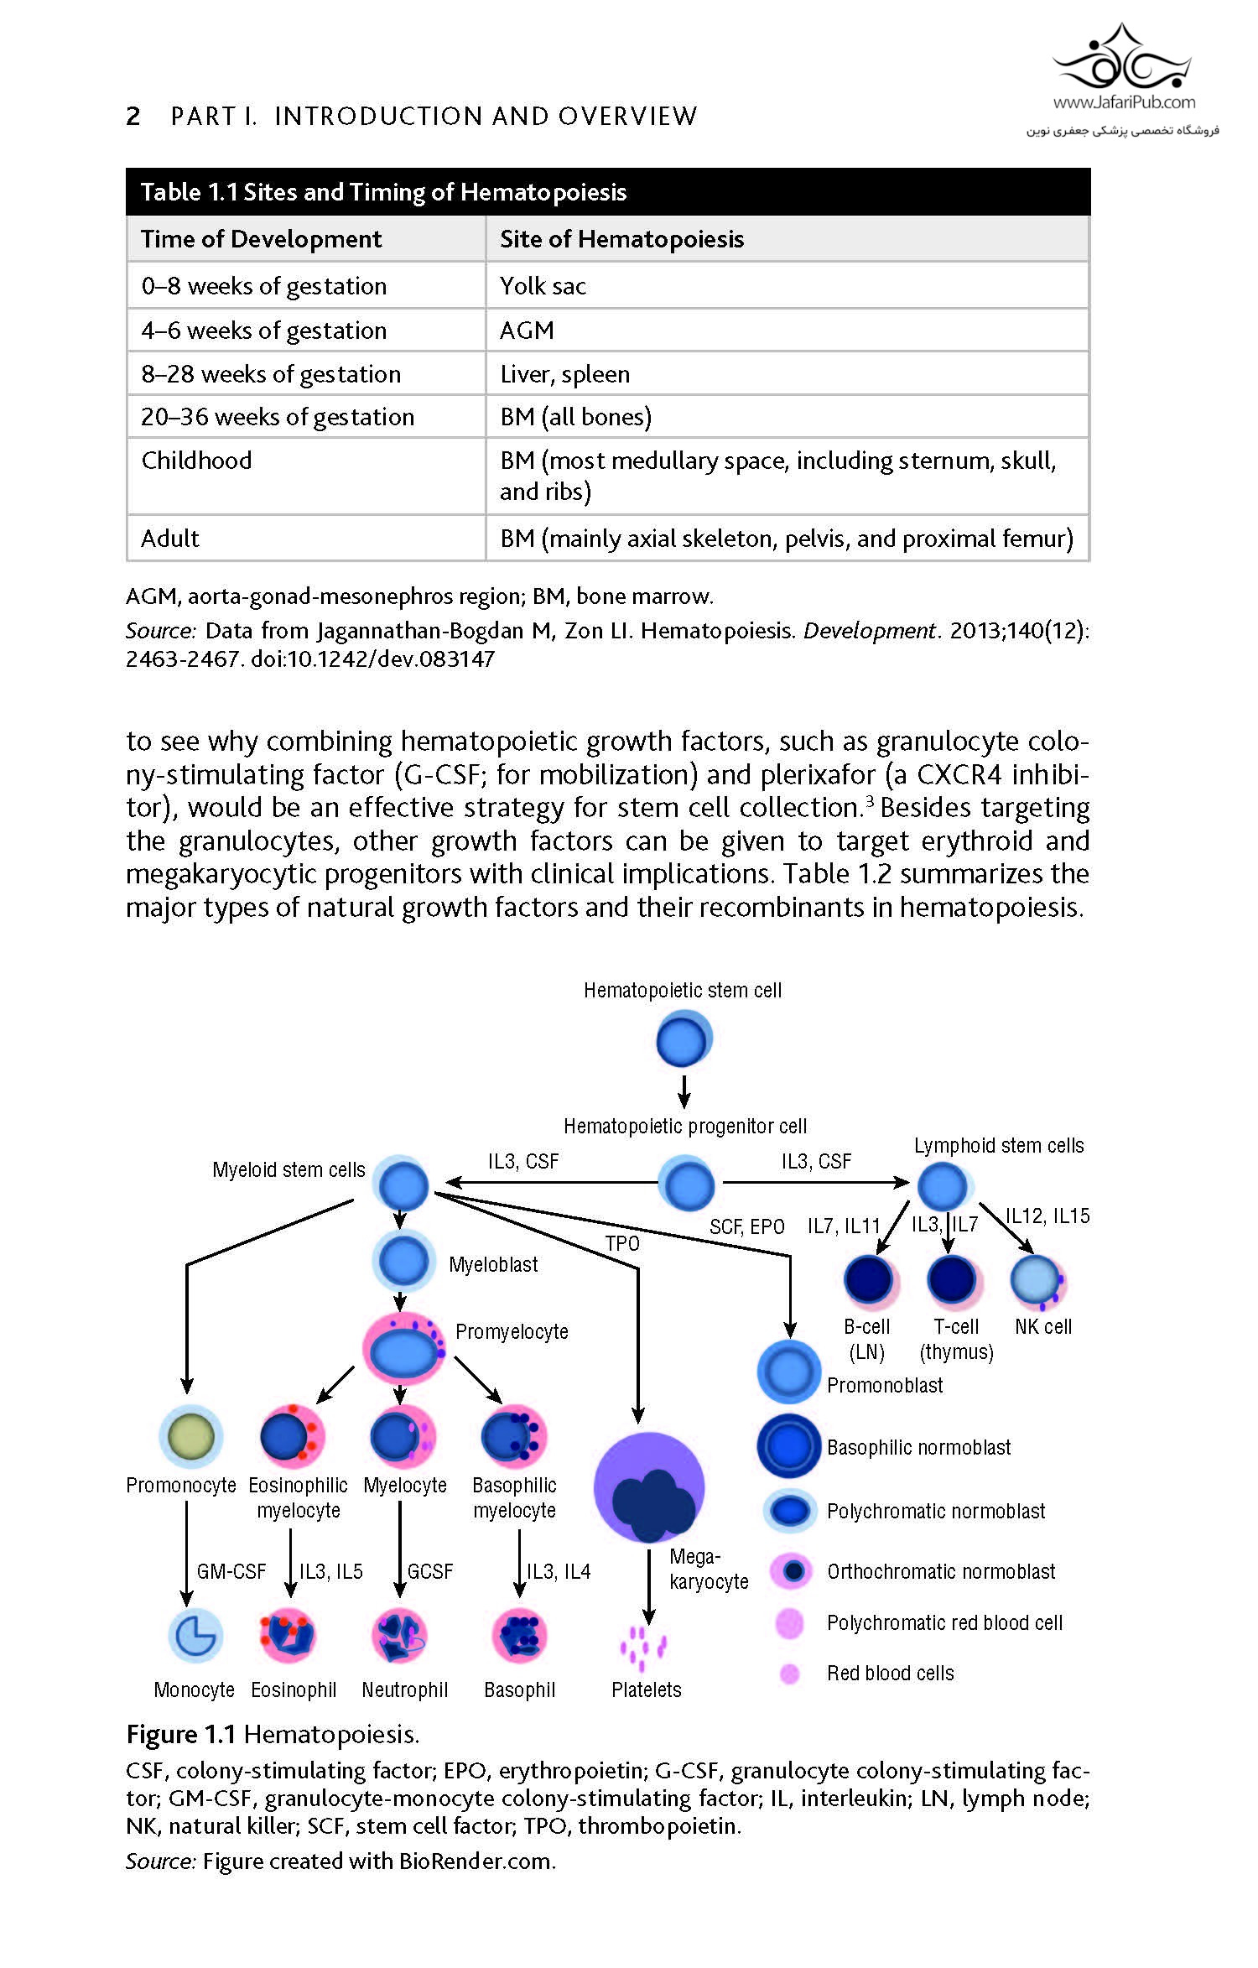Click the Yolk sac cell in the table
(x=543, y=286)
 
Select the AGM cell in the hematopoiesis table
(x=527, y=331)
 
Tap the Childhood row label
(x=196, y=461)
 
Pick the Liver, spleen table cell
(x=564, y=374)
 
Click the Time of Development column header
(x=261, y=239)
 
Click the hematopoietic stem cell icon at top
(x=683, y=1039)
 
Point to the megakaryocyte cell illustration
(x=650, y=1487)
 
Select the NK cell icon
(x=1038, y=1280)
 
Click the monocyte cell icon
(x=195, y=1635)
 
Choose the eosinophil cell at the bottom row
(x=288, y=1635)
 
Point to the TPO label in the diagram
(x=622, y=1243)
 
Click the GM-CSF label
(x=231, y=1571)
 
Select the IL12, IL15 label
(x=1047, y=1216)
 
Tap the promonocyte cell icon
(x=191, y=1435)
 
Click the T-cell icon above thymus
(x=953, y=1280)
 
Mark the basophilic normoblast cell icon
(x=788, y=1446)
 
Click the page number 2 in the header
(x=133, y=116)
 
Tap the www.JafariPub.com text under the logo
(x=1124, y=102)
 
